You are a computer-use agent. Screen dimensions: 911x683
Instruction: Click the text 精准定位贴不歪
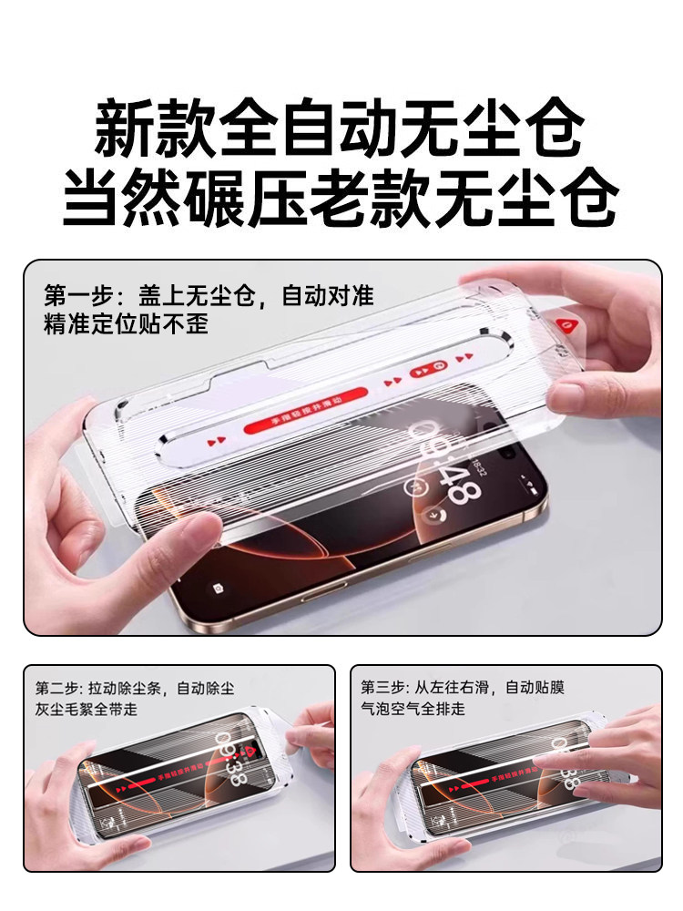(126, 323)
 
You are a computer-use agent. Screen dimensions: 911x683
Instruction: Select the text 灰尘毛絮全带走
(91, 708)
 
